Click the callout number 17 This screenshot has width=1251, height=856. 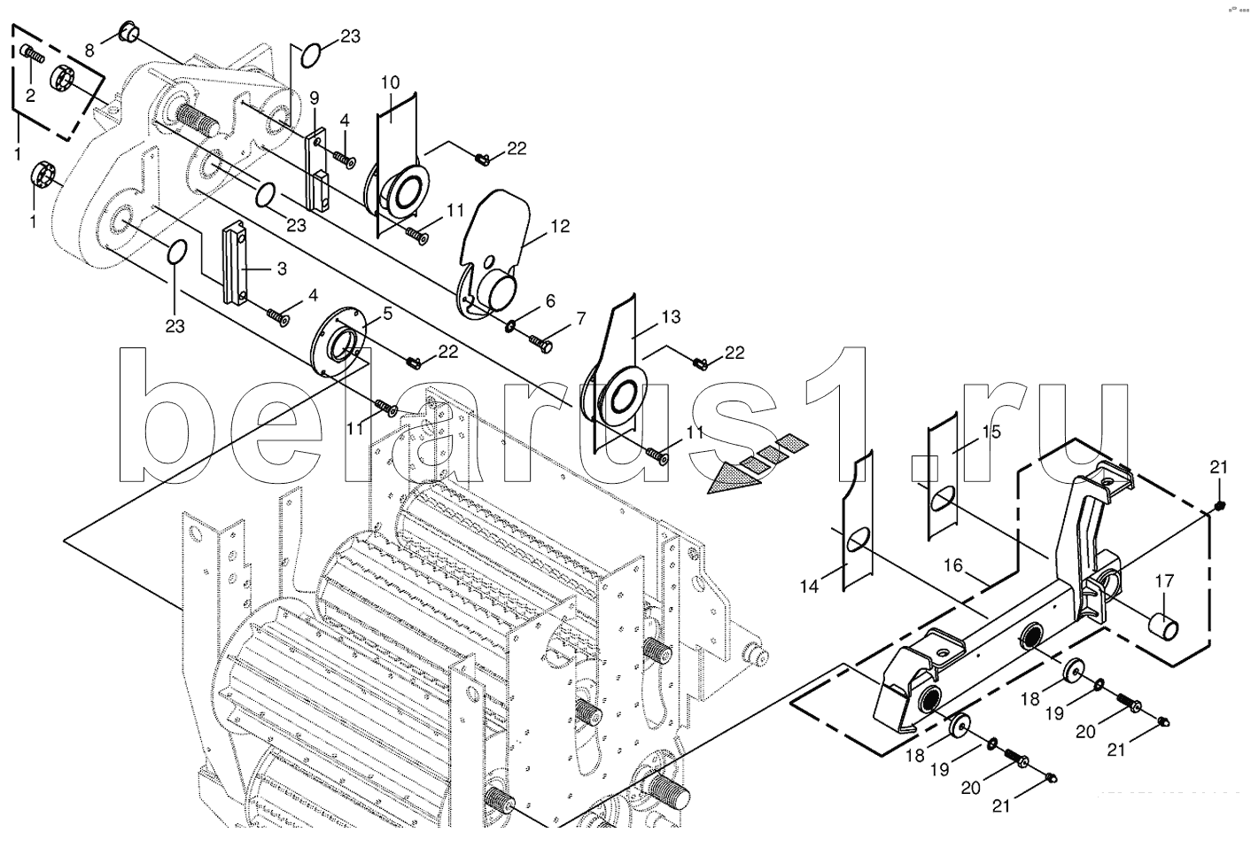coord(1163,581)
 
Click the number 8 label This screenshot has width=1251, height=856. coord(89,51)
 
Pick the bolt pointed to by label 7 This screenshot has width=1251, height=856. coord(540,339)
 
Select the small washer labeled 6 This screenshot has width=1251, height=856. coord(512,328)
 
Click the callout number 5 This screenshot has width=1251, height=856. coord(385,312)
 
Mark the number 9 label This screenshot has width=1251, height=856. coord(314,97)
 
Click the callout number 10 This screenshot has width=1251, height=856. coord(390,83)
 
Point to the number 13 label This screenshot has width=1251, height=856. coord(671,316)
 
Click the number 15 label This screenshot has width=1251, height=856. coord(991,432)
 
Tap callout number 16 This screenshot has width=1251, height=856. coord(952,564)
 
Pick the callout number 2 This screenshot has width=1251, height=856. coord(30,96)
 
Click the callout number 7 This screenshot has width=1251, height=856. coord(580,317)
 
